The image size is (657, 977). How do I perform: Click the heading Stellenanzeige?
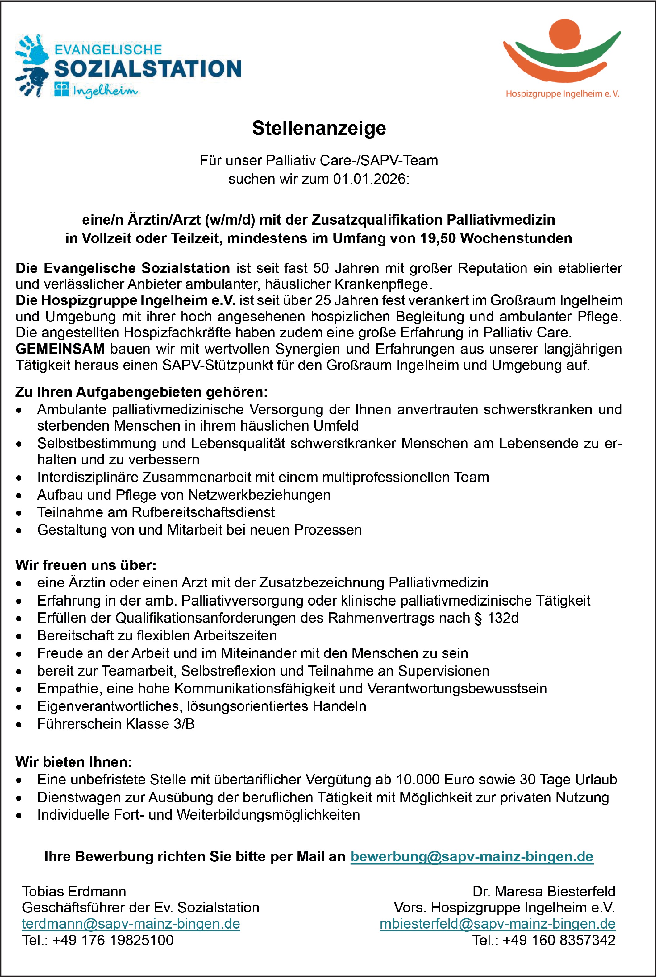[319, 128]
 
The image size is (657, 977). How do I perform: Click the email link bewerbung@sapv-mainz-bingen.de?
[472, 856]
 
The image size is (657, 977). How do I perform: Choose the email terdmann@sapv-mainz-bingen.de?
[131, 924]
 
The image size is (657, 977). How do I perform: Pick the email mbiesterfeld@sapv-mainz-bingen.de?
[497, 924]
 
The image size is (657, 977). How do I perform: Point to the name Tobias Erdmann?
[74, 891]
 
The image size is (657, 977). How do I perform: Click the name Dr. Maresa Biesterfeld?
[544, 891]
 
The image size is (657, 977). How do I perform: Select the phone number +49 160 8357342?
[559, 940]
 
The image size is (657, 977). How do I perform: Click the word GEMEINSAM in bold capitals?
[60, 349]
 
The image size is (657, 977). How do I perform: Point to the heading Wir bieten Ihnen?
[74, 762]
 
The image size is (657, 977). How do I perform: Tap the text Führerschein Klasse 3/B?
[116, 724]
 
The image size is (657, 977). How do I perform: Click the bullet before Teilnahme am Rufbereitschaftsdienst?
[19, 513]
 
